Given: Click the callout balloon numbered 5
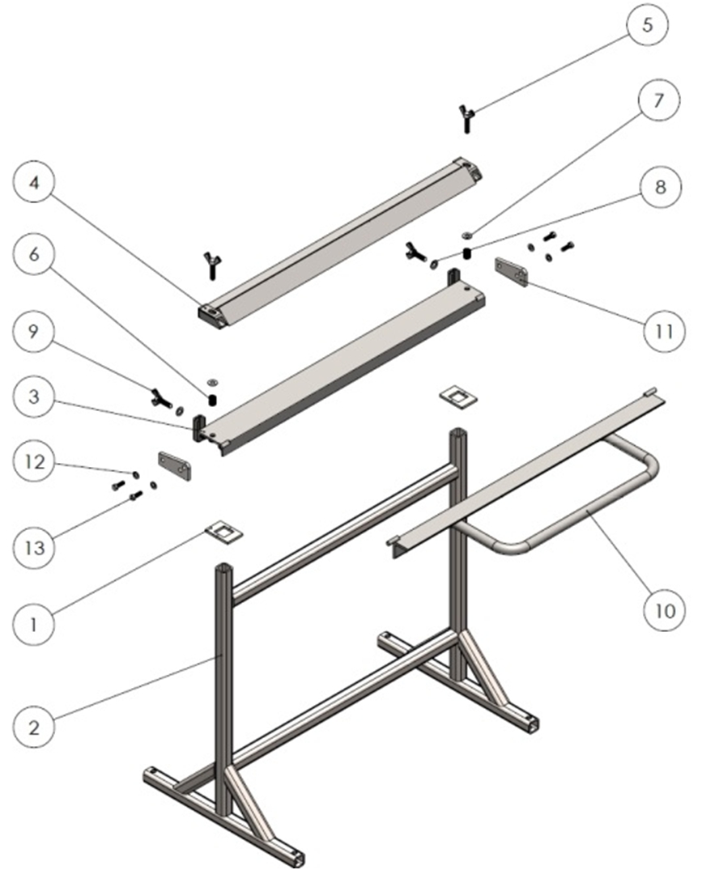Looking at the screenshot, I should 645,24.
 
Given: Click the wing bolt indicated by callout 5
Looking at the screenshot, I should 468,119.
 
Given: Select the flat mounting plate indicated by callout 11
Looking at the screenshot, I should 513,272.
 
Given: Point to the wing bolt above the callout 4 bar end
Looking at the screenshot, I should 210,264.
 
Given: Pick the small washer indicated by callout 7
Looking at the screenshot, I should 467,236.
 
